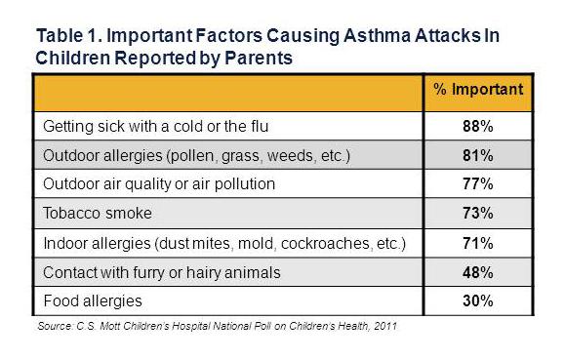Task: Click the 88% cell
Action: coord(477,125)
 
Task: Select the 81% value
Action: coord(477,153)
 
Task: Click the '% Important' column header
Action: coord(477,90)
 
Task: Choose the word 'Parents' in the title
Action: coord(260,58)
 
